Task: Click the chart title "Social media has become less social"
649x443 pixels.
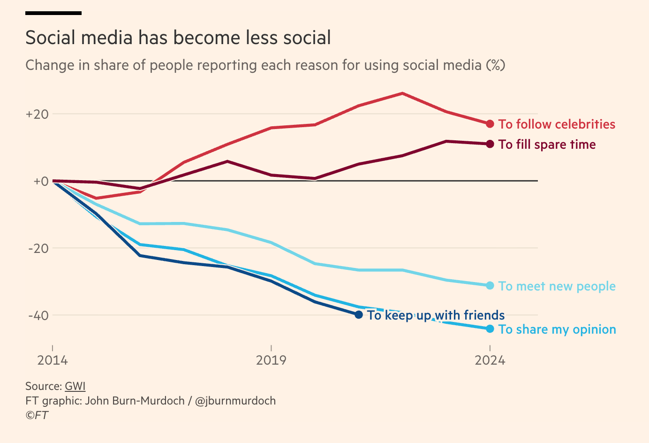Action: click(x=178, y=38)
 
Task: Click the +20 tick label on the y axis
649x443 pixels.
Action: click(x=37, y=114)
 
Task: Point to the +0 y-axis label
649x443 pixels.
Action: click(x=41, y=181)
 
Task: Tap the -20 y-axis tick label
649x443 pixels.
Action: click(x=38, y=248)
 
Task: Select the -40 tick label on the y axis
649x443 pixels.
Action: click(x=38, y=315)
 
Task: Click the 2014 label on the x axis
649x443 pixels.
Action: click(x=53, y=360)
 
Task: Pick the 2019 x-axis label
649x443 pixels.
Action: click(x=271, y=360)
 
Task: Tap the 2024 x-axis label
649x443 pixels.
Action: click(x=490, y=360)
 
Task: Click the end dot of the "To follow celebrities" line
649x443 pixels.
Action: click(x=490, y=124)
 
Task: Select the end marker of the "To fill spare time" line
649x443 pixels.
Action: click(x=490, y=144)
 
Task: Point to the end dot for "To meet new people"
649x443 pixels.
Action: click(x=490, y=285)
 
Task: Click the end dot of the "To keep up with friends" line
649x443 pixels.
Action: click(x=359, y=314)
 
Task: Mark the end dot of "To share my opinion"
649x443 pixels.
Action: click(x=490, y=328)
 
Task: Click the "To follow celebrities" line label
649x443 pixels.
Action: click(x=557, y=124)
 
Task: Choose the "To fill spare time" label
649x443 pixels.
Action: click(x=547, y=145)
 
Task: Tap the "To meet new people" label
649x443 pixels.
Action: click(x=557, y=286)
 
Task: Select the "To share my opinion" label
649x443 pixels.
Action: click(x=557, y=329)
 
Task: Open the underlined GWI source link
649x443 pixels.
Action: click(x=75, y=386)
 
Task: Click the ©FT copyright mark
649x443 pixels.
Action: click(x=37, y=415)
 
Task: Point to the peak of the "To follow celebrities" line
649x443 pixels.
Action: click(x=402, y=93)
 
